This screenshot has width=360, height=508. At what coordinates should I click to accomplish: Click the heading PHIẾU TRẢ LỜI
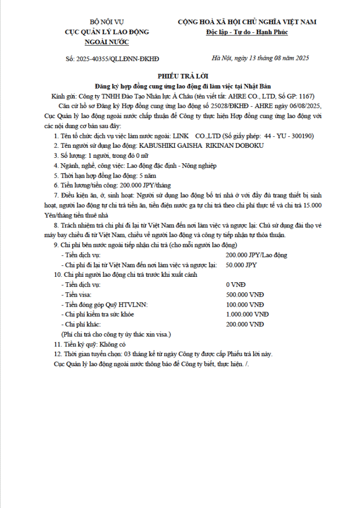(180, 76)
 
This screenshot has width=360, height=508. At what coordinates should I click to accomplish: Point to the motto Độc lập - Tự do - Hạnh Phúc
(247, 32)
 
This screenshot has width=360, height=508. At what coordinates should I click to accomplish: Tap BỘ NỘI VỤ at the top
(107, 22)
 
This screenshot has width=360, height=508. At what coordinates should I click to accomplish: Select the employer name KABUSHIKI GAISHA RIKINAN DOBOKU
(201, 146)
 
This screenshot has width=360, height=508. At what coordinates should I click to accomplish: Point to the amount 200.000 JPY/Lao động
(256, 255)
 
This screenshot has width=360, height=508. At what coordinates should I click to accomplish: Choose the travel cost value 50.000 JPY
(241, 265)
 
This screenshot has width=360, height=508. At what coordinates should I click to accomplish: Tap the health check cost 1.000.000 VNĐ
(247, 315)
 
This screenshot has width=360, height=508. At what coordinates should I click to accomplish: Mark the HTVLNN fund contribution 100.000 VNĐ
(244, 305)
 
